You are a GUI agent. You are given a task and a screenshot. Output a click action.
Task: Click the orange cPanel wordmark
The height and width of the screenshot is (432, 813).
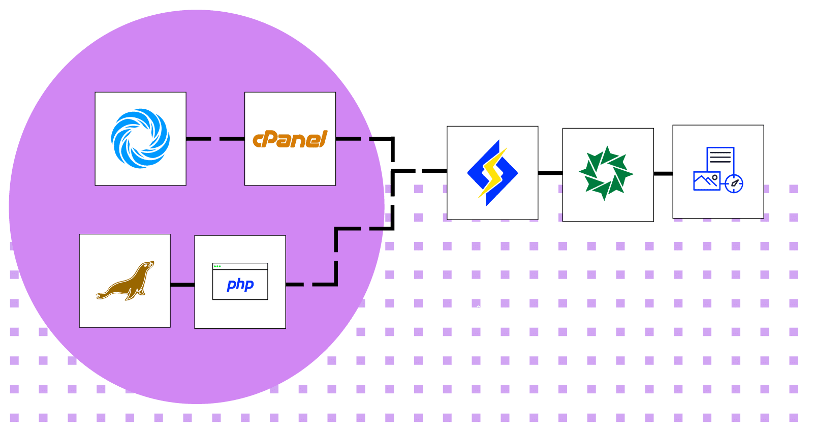pos(290,139)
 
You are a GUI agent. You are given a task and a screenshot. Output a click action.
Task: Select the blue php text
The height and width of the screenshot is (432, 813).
pos(240,284)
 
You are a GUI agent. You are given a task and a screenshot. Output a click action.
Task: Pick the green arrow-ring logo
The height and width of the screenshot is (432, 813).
pos(606,173)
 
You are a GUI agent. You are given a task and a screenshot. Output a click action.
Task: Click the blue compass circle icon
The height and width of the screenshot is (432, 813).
pos(734,183)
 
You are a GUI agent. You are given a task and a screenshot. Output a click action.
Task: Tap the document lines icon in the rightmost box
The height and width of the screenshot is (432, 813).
pos(720,157)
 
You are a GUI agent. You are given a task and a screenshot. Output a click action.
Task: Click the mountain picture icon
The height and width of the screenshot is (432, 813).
pos(706,181)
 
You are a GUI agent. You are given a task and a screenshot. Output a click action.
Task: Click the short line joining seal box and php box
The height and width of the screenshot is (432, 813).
pos(182,284)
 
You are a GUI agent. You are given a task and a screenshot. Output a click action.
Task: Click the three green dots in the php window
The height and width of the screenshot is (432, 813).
pos(217,266)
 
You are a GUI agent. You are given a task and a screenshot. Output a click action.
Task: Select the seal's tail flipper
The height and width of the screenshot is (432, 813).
pos(103,295)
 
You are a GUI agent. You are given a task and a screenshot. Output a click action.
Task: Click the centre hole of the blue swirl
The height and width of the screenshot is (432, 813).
pos(141,139)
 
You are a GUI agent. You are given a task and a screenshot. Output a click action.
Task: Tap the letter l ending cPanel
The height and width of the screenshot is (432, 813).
pos(324,138)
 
